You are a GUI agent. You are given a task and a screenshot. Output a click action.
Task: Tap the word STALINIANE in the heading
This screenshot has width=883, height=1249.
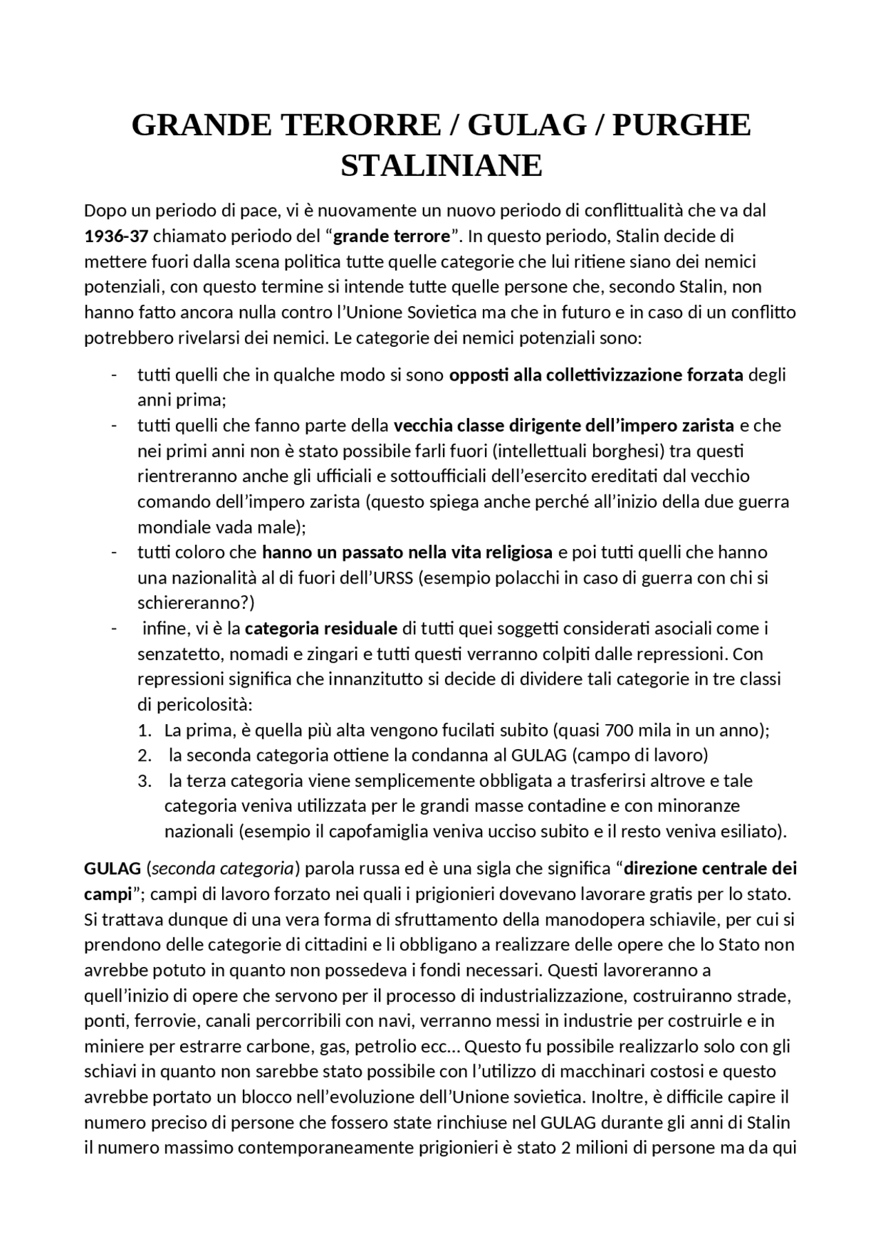(441, 166)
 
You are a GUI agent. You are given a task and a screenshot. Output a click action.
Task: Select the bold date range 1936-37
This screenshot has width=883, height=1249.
(116, 237)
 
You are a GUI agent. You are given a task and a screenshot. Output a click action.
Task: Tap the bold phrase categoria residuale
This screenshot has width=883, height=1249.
(321, 628)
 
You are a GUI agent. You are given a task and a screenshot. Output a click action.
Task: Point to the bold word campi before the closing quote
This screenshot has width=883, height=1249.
(107, 894)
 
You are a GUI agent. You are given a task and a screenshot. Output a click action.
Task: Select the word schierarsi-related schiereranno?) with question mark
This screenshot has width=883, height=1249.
(196, 603)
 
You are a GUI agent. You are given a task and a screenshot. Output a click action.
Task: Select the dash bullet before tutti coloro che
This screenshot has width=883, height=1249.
(114, 552)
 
